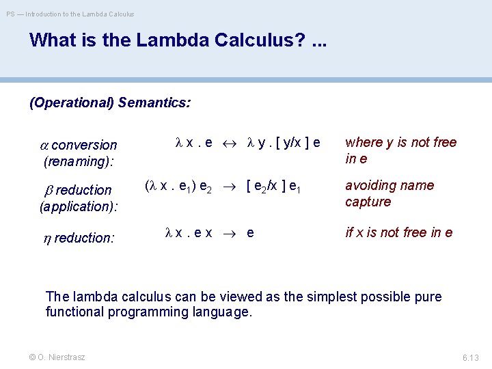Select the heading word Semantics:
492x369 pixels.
pyautogui.click(x=154, y=103)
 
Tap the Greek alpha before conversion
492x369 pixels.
pyautogui.click(x=44, y=146)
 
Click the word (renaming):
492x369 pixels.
pyautogui.click(x=79, y=162)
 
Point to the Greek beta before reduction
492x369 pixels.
pyautogui.click(x=48, y=190)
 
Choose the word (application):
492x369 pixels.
pyautogui.click(x=79, y=206)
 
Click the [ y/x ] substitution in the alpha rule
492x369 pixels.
pyautogui.click(x=285, y=143)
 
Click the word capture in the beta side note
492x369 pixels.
pyautogui.click(x=368, y=202)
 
